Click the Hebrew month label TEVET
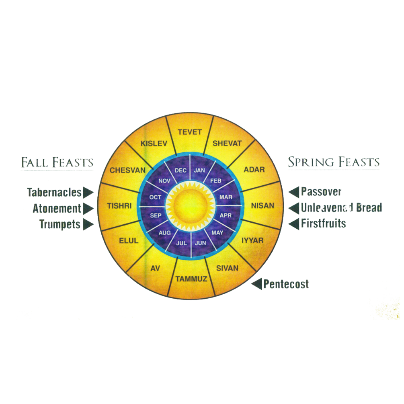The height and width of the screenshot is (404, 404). pos(189,132)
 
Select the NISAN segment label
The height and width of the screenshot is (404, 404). pos(262,206)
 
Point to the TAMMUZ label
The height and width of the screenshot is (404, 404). pos(191,279)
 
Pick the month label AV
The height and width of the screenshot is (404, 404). pos(155,268)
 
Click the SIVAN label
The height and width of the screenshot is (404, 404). pos(227,268)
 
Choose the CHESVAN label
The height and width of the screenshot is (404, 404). pos(127,170)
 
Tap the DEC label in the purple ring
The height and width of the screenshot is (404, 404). pos(180,170)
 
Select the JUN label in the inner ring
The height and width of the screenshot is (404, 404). pos(200,243)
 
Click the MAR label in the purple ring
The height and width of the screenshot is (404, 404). pos(226,197)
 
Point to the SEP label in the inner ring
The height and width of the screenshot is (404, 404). pos(156,215)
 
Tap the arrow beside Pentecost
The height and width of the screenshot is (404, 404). pos(256,284)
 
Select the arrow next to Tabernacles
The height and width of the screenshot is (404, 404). pos(88,193)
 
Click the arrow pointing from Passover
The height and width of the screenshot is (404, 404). pos(294,192)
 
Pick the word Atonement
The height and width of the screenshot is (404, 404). pos(57,209)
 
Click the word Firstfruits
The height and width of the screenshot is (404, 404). pos(324,223)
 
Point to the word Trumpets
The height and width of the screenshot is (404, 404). pos(60,224)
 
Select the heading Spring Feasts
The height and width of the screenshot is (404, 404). pos(334,162)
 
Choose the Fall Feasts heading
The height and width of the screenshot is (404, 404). pos(57,162)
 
